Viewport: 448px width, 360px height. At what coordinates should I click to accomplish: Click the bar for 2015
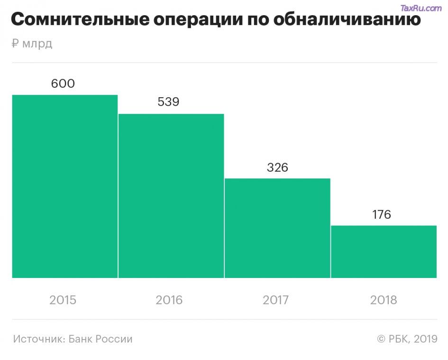tap(64, 186)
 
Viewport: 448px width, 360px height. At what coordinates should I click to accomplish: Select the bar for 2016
tap(171, 195)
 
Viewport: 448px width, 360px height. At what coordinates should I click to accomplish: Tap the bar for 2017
tap(277, 228)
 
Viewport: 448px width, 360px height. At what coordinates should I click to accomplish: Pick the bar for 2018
tap(384, 251)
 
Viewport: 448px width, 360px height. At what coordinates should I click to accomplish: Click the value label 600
tap(63, 84)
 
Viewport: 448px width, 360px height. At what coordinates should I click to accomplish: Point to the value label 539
tap(168, 102)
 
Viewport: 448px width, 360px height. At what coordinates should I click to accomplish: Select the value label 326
tap(277, 167)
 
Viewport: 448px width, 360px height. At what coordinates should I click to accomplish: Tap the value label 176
tap(382, 214)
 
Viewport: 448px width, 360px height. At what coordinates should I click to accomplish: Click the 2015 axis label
tap(63, 300)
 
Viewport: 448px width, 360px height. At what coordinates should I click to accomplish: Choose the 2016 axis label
tap(169, 300)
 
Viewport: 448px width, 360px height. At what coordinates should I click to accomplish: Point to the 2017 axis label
tap(276, 300)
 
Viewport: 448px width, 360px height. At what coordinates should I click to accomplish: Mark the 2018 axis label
tap(384, 300)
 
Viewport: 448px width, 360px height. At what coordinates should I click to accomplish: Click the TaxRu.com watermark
tap(421, 8)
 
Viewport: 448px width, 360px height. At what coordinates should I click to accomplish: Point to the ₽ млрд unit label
tap(31, 44)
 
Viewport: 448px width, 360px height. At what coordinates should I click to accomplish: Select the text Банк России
tap(101, 339)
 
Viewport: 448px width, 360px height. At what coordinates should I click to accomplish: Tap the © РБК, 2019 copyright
tap(407, 339)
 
